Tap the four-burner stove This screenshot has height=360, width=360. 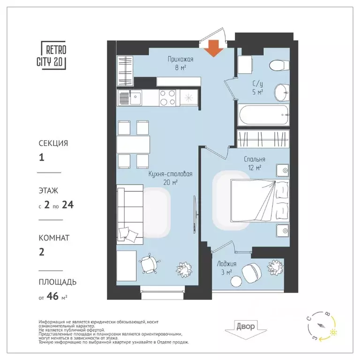pos(167,98)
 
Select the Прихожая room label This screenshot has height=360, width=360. pos(180,60)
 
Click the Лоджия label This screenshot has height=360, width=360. pos(226,263)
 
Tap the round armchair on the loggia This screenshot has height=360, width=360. pos(252,272)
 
